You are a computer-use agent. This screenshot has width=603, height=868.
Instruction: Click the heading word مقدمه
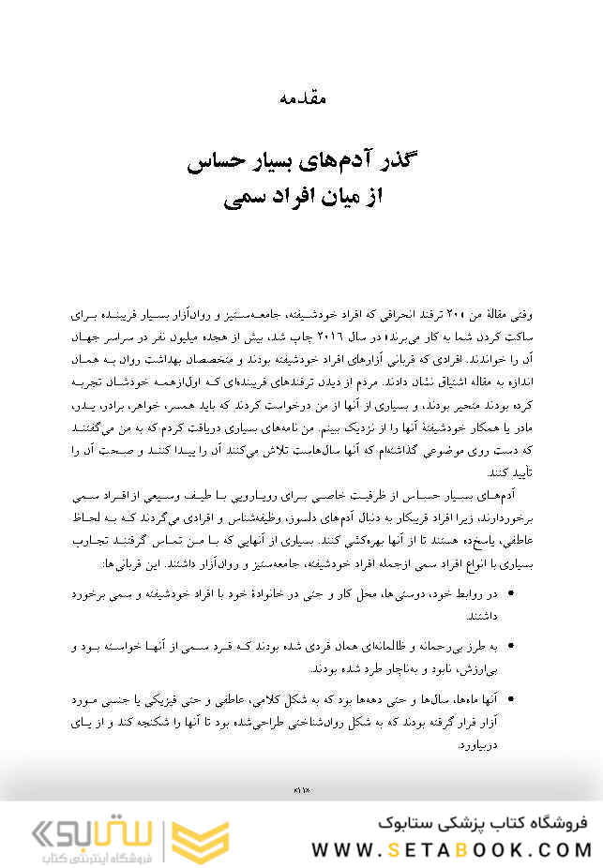click(x=302, y=97)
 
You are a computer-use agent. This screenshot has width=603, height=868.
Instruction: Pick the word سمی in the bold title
click(x=243, y=198)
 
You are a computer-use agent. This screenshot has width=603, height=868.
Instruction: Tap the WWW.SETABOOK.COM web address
click(x=451, y=849)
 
